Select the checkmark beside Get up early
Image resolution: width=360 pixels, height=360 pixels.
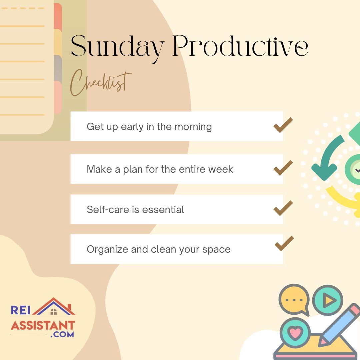tap(283, 125)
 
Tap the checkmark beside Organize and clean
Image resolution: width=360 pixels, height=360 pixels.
tap(284, 243)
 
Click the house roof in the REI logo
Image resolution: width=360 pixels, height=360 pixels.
tap(54, 306)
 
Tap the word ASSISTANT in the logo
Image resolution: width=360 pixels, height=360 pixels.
tap(43, 325)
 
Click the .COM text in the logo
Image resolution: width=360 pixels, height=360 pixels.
tap(62, 334)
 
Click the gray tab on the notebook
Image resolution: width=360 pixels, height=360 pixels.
tap(58, 68)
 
